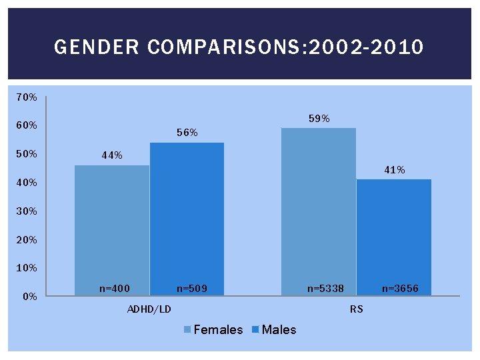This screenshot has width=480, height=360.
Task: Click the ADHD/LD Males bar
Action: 187,220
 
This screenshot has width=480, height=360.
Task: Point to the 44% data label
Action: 112,155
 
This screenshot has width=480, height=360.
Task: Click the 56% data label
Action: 187,133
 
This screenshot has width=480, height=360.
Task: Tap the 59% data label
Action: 319,119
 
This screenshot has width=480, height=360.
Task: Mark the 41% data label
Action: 394,170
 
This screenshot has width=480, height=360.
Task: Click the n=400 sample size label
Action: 114,289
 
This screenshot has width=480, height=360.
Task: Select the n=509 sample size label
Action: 192,289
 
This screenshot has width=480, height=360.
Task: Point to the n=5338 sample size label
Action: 325,289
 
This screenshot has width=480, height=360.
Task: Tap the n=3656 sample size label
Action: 400,289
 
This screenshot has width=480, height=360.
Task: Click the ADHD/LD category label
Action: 149,309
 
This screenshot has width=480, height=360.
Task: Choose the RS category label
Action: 356,309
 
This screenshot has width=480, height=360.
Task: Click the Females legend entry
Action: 213,329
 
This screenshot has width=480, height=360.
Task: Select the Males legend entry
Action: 275,329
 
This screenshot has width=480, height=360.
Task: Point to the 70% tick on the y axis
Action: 27,97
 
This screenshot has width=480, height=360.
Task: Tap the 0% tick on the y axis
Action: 29,297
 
